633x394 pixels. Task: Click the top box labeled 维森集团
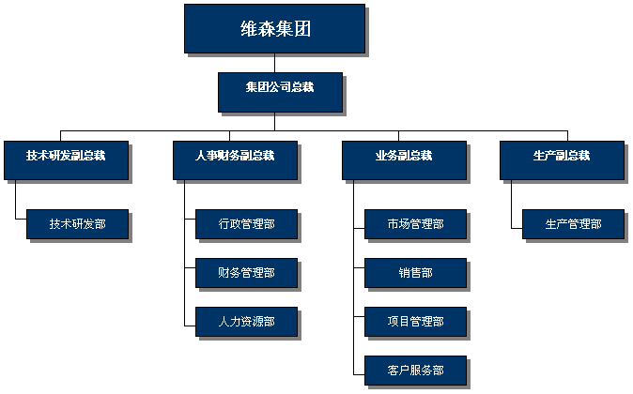point(274,29)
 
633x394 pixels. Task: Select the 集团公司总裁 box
point(280,92)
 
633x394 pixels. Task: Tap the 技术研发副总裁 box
point(66,160)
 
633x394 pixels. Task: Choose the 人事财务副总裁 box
point(236,160)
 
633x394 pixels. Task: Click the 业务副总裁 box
point(404,160)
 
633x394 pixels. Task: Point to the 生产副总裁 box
point(562,160)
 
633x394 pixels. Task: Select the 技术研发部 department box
point(78,224)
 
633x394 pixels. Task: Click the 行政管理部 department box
point(247,224)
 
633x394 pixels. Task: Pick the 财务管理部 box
point(247,273)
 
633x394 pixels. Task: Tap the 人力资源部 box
point(247,322)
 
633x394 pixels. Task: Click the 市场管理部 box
point(415,224)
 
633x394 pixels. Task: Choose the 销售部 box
point(415,273)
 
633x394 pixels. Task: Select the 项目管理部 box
point(415,322)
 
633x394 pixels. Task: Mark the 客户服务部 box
point(415,371)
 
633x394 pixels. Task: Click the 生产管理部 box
point(573,224)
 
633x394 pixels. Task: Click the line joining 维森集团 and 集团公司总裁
point(275,63)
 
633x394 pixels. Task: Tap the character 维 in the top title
point(249,29)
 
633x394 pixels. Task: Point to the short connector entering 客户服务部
point(359,374)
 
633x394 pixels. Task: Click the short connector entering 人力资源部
point(190,326)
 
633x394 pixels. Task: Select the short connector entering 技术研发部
point(21,219)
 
